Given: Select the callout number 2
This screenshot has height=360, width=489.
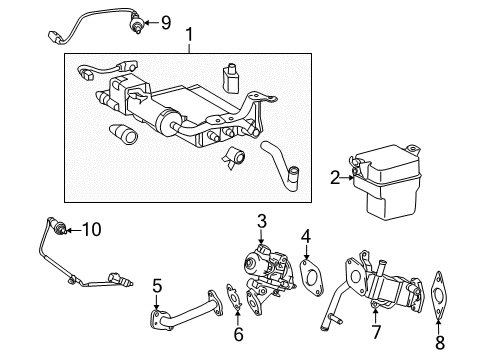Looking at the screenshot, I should click(334, 178).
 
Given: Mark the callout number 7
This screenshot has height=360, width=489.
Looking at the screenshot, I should click(375, 330).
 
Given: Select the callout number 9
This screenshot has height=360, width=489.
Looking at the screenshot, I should click(166, 20).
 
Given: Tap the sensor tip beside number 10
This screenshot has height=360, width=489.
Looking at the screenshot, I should click(64, 230).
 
